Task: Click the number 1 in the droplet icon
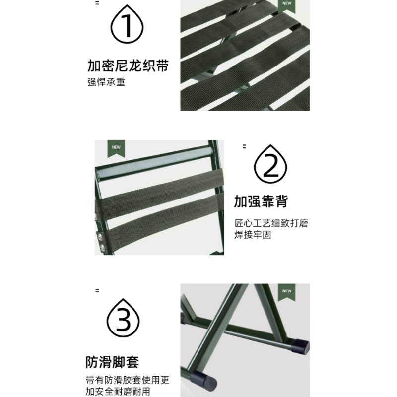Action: point(127,26)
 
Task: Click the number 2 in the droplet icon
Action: point(270,166)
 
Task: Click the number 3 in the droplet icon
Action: point(123,319)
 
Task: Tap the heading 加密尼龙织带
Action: point(128,66)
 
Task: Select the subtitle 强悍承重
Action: point(106,82)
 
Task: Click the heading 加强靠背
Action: point(261,201)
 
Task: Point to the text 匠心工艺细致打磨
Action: point(271,223)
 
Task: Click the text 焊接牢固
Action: point(253,235)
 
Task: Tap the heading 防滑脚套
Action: point(113,362)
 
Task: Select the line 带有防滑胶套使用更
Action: point(128,380)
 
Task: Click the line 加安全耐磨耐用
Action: point(118,392)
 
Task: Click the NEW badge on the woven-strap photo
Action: point(287,5)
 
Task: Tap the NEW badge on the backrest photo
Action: point(116,148)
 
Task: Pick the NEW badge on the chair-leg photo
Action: point(287,292)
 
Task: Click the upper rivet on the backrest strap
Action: point(100,237)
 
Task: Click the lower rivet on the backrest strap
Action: point(102,247)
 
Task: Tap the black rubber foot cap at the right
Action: point(300,346)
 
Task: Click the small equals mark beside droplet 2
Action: point(244,146)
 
